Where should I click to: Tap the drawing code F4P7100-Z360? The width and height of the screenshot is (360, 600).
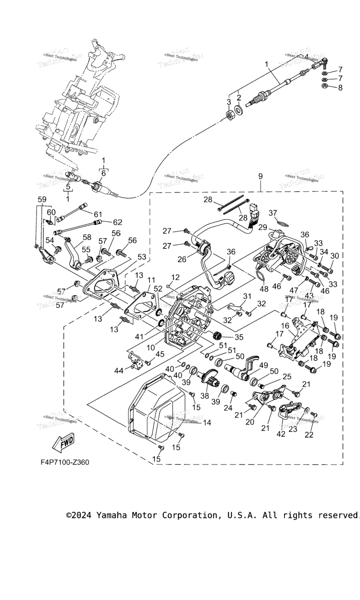click(x=64, y=462)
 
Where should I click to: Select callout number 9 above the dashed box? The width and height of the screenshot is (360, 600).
click(x=260, y=177)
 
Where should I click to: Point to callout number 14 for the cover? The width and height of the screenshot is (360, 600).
click(x=207, y=422)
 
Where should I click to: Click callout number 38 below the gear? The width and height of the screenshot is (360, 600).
click(x=204, y=396)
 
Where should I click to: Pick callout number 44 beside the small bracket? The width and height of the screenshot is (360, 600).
click(x=119, y=370)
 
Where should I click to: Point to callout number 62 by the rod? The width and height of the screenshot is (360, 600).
click(x=118, y=222)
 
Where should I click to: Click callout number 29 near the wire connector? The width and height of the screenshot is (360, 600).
click(x=263, y=227)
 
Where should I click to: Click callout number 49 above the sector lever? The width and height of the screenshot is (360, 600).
click(x=263, y=365)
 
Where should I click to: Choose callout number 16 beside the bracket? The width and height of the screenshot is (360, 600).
click(x=285, y=326)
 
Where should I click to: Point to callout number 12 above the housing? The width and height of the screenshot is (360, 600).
click(x=176, y=277)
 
